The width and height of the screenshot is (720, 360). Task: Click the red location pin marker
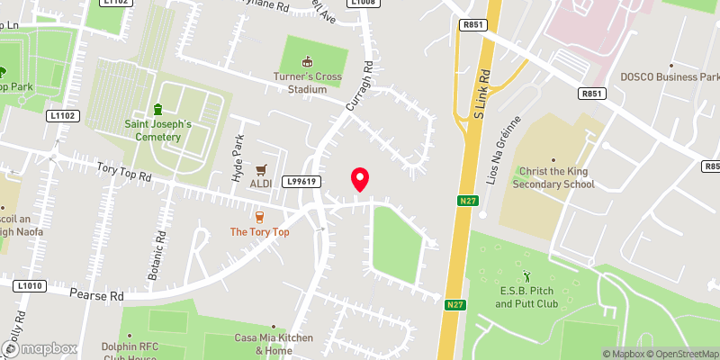[360, 179]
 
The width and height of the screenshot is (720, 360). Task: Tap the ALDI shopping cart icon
[262, 169]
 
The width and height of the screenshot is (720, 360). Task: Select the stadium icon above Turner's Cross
[308, 62]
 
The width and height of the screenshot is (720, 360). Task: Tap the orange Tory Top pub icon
[259, 216]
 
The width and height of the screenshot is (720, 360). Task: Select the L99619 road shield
[301, 181]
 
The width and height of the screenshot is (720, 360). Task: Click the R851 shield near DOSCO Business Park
[591, 93]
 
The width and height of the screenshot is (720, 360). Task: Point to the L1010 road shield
[29, 286]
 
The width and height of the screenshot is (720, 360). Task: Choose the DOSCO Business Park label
[670, 76]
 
